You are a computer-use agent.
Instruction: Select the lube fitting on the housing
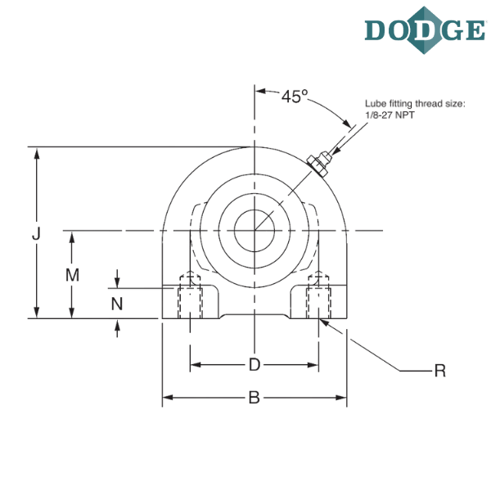click(x=316, y=163)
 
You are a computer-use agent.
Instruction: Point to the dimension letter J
click(x=35, y=234)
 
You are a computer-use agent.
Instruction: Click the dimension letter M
click(x=72, y=276)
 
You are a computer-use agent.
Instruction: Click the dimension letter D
click(x=255, y=364)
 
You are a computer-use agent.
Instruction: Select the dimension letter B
click(x=255, y=399)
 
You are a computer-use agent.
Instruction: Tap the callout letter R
click(x=440, y=371)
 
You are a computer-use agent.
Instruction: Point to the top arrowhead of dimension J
click(x=35, y=152)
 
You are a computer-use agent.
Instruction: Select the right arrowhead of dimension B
click(x=344, y=399)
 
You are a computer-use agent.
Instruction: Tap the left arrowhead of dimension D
click(x=195, y=364)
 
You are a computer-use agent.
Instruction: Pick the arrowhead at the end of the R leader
click(x=324, y=321)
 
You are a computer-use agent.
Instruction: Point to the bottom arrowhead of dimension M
click(x=72, y=313)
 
